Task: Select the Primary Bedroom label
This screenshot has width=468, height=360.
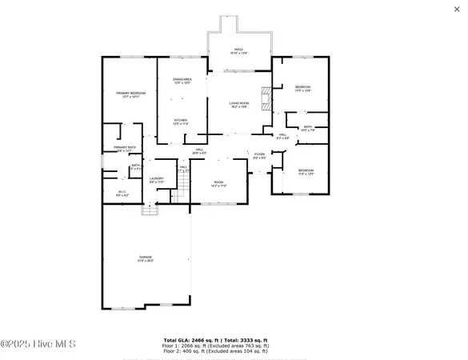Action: pyautogui.click(x=128, y=94)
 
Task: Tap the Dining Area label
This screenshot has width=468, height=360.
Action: pyautogui.click(x=183, y=80)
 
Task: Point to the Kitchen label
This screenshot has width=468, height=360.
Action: pyautogui.click(x=181, y=120)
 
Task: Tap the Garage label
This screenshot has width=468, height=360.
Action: pyautogui.click(x=145, y=258)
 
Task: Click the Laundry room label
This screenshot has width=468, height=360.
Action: pyautogui.click(x=157, y=178)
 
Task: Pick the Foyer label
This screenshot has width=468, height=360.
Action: pyautogui.click(x=259, y=154)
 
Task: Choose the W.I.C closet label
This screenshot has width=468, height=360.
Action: pyautogui.click(x=122, y=191)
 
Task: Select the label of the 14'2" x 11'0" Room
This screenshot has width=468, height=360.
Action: pyautogui.click(x=218, y=182)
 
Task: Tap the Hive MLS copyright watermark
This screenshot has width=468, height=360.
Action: pyautogui.click(x=38, y=344)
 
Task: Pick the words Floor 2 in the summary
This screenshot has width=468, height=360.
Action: pyautogui.click(x=172, y=351)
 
